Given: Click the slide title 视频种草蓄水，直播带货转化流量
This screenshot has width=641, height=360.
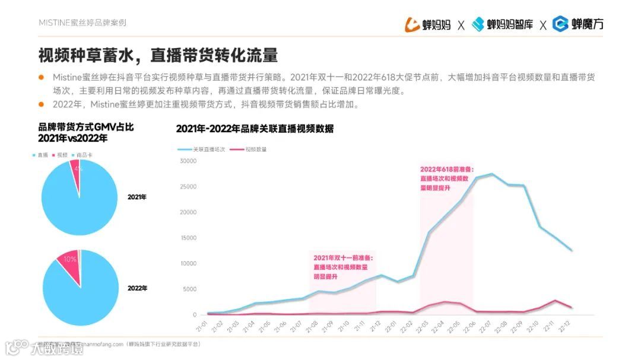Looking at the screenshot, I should (x=158, y=56).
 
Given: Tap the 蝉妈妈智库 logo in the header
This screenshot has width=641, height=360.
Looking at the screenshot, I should (x=502, y=24).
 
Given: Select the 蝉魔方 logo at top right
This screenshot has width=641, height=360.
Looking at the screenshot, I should (x=578, y=24).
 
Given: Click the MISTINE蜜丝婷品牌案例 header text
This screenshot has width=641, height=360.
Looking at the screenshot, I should (x=82, y=23).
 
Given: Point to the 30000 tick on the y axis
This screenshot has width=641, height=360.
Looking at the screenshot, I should (x=188, y=161).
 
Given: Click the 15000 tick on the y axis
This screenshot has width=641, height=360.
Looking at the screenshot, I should (x=188, y=238).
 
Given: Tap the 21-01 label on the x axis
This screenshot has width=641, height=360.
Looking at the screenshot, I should (x=203, y=326).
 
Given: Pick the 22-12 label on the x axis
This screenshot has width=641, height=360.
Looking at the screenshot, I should (x=572, y=326).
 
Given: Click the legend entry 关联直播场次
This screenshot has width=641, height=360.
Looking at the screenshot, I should (x=205, y=149).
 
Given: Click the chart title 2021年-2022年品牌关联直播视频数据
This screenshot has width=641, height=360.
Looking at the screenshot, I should (x=255, y=129).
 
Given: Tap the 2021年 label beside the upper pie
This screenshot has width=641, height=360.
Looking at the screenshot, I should (x=137, y=197).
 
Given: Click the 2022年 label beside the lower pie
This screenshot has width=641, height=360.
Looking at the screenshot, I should (x=137, y=288).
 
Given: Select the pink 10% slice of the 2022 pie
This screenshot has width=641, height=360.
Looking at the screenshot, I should (x=69, y=261).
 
